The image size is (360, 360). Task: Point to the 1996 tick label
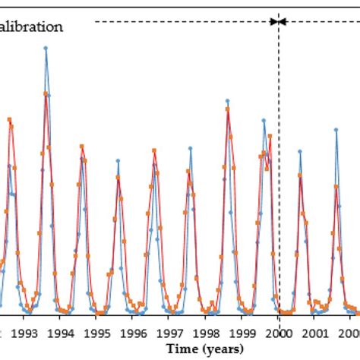click(x=134, y=333)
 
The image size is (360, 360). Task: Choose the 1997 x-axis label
click(x=170, y=333)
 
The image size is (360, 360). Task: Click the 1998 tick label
click(x=207, y=333)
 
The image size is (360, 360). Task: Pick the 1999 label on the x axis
click(x=243, y=333)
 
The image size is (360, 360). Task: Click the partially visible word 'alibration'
click(x=31, y=27)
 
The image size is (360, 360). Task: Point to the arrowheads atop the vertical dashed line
click(x=279, y=21)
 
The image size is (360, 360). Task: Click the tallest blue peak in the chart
click(x=46, y=48)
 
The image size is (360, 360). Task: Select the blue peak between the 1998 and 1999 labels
click(x=228, y=100)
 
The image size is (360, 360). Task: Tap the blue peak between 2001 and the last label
click(x=336, y=130)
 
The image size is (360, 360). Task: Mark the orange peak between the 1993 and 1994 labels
click(x=46, y=94)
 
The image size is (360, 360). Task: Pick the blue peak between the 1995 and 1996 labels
click(x=118, y=160)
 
